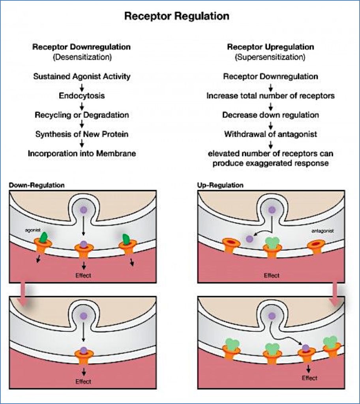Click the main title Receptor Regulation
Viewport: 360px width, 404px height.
(x=176, y=16)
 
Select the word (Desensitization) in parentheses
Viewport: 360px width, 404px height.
(x=81, y=57)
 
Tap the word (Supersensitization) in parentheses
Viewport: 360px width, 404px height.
(x=270, y=57)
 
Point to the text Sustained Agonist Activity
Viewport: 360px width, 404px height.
(x=81, y=77)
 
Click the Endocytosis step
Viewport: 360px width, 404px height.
(x=82, y=96)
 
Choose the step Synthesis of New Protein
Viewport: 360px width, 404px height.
(x=82, y=134)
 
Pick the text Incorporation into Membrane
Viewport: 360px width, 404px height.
(x=82, y=153)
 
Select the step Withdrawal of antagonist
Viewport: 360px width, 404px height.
(x=270, y=134)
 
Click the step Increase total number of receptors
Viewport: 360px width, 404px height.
(x=270, y=96)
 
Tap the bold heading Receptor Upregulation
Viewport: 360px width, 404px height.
(x=270, y=47)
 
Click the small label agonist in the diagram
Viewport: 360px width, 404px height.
(x=31, y=229)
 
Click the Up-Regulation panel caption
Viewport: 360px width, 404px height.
(x=220, y=185)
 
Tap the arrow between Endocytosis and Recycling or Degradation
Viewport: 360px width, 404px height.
(x=82, y=105)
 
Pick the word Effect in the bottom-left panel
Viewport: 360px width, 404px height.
(x=83, y=382)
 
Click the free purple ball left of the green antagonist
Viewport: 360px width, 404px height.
(x=249, y=239)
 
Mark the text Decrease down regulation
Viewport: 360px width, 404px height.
(x=270, y=115)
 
